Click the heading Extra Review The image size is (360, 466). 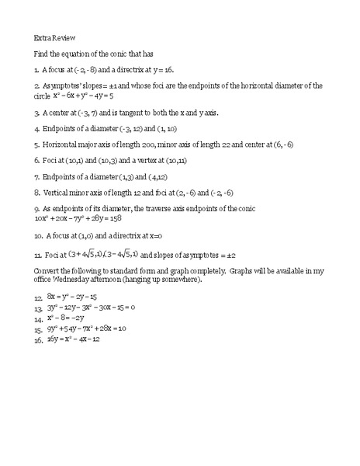[54, 37]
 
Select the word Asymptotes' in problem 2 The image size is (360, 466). [67, 85]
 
